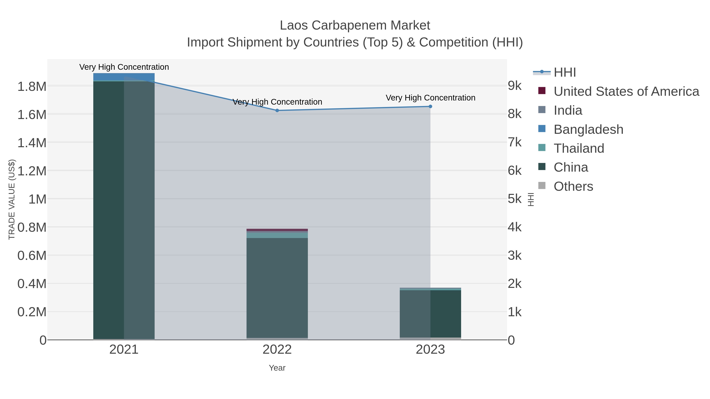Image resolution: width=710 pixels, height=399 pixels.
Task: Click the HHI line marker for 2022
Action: point(277,110)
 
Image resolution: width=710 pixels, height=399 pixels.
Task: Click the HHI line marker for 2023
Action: point(430,106)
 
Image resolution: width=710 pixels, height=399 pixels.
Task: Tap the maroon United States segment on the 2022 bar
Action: point(277,230)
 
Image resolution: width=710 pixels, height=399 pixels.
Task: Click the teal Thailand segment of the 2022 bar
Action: point(277,235)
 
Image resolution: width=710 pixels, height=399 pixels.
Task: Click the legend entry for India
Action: point(568,110)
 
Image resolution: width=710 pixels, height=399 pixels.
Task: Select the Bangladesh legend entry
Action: point(588,129)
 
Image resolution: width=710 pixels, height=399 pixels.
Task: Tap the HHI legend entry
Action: point(564,73)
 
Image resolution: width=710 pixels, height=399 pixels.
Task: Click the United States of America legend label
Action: point(626,91)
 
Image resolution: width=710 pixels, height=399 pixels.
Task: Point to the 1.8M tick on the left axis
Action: point(32,87)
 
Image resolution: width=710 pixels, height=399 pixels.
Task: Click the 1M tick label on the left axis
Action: point(37,199)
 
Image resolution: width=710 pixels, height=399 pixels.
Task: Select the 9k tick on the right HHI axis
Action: point(515,86)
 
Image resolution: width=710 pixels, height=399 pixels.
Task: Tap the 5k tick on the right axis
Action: point(515,199)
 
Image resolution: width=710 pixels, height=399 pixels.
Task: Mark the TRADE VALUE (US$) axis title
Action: point(12,199)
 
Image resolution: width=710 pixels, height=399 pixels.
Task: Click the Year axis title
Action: point(277,368)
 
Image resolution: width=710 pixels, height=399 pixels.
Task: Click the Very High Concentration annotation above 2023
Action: point(430,98)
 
